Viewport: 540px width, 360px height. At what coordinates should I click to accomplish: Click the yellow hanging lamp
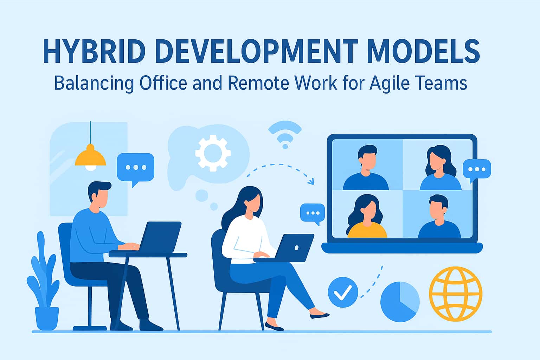tap(90, 157)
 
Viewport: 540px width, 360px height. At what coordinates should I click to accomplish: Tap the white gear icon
tap(213, 154)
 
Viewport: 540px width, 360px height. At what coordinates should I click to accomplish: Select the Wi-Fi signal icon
tap(285, 134)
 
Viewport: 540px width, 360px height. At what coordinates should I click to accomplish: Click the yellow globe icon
tap(455, 294)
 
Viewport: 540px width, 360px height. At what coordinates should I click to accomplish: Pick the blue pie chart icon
tap(400, 301)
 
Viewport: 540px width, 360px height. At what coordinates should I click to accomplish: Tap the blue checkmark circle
tap(343, 292)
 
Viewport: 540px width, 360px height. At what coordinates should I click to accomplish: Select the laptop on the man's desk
tap(160, 237)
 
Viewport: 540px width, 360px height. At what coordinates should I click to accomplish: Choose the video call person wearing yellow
tap(367, 218)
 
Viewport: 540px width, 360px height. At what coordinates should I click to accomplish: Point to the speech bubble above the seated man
tap(135, 167)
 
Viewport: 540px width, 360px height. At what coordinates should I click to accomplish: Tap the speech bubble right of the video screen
tap(477, 169)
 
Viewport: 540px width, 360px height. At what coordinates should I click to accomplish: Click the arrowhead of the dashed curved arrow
tap(311, 182)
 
